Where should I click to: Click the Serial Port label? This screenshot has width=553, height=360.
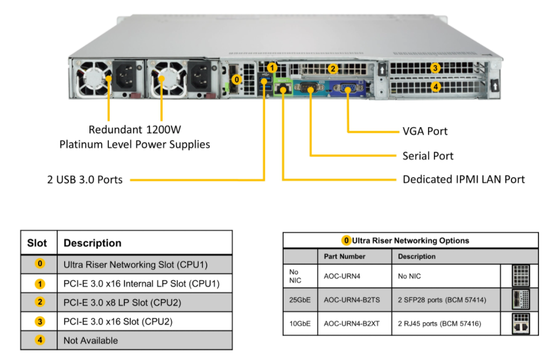428,156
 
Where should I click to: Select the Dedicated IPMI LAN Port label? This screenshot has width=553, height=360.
463,179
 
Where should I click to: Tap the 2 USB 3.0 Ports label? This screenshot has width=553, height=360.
85,179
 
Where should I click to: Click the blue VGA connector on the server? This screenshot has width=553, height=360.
347,88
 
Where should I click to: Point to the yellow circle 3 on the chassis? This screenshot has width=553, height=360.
435,68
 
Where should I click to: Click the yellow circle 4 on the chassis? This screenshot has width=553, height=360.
435,86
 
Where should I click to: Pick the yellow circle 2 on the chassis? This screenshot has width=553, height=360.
333,68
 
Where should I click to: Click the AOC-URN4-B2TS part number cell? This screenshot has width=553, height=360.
348,299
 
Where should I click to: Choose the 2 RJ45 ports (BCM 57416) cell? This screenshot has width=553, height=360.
439,323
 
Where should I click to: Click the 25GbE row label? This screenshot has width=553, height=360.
299,299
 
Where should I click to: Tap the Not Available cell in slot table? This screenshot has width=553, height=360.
90,340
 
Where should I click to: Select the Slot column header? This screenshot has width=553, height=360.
37,243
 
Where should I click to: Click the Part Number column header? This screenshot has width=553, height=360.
345,257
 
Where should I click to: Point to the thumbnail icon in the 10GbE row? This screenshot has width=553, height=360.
521,323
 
